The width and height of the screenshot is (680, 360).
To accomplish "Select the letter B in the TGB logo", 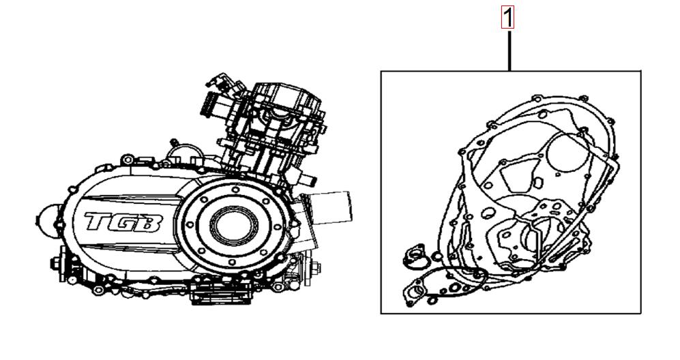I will (x=151, y=223).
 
